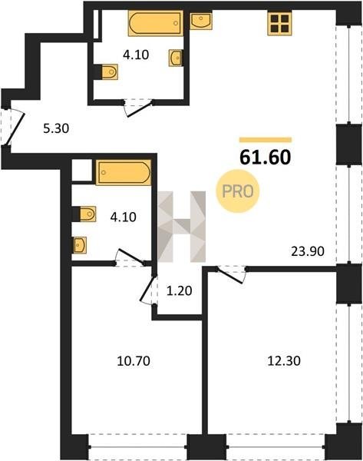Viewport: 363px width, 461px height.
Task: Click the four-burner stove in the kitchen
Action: [x=279, y=24]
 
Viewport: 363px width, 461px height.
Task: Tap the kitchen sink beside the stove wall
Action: [x=200, y=21]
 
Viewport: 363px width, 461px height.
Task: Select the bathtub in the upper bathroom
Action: [x=156, y=23]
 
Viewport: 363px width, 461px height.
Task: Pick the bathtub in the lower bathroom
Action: [x=124, y=172]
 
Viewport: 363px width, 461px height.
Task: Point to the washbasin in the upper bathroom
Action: [x=175, y=58]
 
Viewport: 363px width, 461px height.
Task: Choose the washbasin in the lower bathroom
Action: [x=79, y=245]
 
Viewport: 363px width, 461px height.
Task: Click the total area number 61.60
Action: [x=266, y=157]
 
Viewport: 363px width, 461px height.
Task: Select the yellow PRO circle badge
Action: [x=238, y=191]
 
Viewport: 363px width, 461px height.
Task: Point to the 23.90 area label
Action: [x=308, y=251]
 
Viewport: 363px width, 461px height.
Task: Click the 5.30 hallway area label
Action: [x=56, y=128]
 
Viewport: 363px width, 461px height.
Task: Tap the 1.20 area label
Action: [x=179, y=290]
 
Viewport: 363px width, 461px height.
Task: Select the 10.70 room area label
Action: [x=134, y=361]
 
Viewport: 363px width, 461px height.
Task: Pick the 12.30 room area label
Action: [x=284, y=361]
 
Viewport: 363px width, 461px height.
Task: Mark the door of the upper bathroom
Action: [x=138, y=108]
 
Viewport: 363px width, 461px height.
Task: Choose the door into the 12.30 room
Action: [x=231, y=274]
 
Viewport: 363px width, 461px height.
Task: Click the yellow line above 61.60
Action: [x=266, y=140]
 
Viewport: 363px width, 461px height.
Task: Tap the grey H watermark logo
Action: [x=181, y=227]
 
